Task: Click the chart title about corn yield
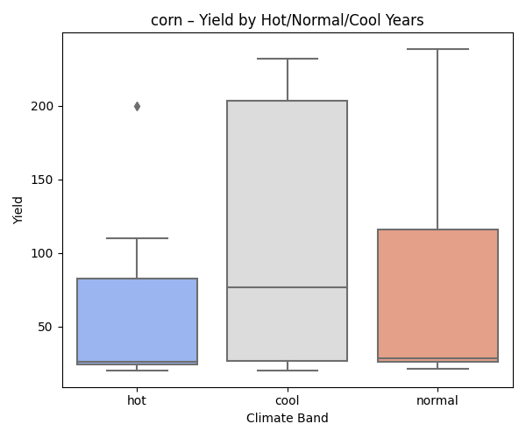tap(288, 20)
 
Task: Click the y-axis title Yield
tap(18, 209)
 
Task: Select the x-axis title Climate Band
tap(288, 419)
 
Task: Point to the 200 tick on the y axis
tap(46, 106)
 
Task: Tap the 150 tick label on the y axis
tap(46, 180)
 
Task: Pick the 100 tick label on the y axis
tap(46, 253)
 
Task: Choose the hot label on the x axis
tap(137, 400)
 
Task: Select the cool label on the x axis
tap(288, 400)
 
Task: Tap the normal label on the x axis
tap(438, 400)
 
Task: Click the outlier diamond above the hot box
tap(137, 106)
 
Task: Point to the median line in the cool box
tap(288, 287)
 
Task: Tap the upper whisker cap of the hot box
tap(137, 238)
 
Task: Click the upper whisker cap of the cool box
tap(288, 59)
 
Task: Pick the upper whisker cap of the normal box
tap(438, 49)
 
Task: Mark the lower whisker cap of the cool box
tap(288, 371)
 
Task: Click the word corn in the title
tap(166, 20)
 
